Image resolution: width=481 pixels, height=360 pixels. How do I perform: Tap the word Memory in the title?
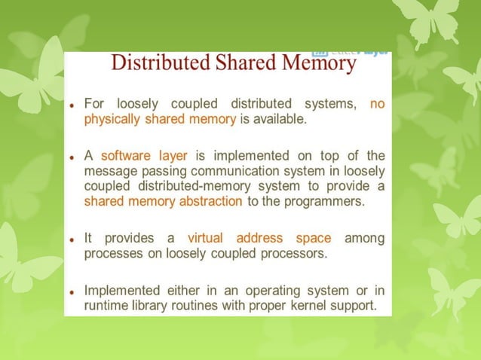point(316,63)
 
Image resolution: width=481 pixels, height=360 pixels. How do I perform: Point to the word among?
point(365,238)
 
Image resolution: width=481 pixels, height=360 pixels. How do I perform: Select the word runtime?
point(106,305)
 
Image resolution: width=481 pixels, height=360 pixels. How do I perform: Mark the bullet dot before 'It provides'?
point(70,239)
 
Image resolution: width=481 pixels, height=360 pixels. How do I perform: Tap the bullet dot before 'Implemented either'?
point(70,291)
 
